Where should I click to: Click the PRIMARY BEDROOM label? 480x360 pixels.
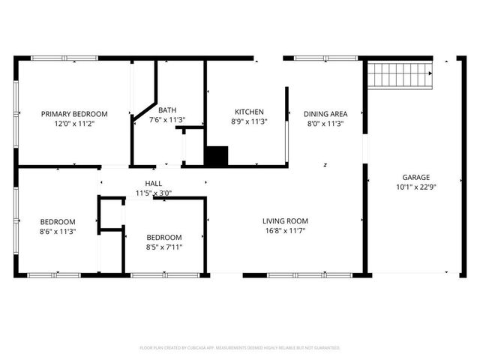click(x=74, y=114)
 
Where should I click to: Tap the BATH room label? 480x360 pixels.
click(x=167, y=110)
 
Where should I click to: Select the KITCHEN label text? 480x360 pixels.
click(x=249, y=112)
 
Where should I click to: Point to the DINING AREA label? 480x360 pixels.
click(x=325, y=114)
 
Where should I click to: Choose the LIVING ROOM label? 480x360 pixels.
click(x=285, y=221)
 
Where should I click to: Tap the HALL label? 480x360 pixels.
click(x=153, y=184)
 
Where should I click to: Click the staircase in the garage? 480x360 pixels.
click(x=400, y=75)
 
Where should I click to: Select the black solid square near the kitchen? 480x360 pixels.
click(x=216, y=156)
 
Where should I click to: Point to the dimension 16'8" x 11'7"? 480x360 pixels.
click(x=285, y=231)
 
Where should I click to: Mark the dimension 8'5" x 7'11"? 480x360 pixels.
click(x=163, y=247)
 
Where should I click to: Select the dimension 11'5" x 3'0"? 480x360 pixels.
click(x=153, y=193)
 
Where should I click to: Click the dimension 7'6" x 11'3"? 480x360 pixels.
click(x=167, y=120)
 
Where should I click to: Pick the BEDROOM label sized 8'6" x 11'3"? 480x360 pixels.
click(x=58, y=221)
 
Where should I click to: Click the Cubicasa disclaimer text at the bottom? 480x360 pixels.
click(x=240, y=348)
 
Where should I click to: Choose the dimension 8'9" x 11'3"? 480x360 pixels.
click(x=249, y=121)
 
